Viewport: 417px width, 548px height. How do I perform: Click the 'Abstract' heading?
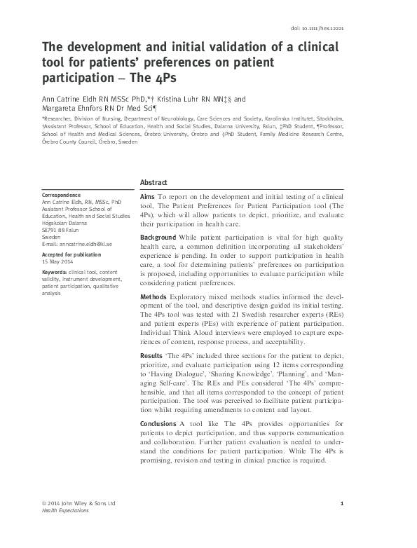(x=153, y=179)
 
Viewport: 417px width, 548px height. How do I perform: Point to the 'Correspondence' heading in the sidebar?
(x=62, y=195)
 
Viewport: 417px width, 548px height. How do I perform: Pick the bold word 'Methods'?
(x=154, y=298)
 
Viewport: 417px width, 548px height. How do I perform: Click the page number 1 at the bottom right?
(x=341, y=503)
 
